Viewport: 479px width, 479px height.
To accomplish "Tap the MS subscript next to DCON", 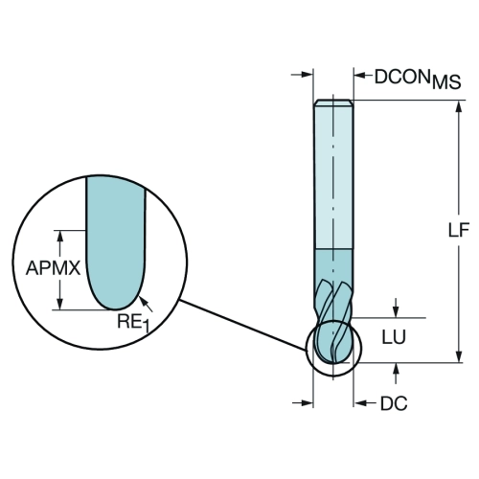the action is click(446, 82).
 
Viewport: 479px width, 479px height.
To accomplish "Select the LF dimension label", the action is click(459, 230).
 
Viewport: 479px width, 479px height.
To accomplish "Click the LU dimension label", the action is click(394, 336).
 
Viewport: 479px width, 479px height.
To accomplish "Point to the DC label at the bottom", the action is click(394, 403).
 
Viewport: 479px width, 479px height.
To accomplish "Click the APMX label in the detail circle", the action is click(53, 267).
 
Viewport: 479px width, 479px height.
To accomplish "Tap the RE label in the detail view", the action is click(128, 321).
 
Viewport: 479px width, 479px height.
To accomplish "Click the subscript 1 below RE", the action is click(146, 328).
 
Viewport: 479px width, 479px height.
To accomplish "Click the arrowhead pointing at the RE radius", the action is click(143, 300).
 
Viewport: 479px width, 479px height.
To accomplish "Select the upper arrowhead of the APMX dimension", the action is click(59, 237).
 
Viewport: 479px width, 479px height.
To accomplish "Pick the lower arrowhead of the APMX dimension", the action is click(59, 304).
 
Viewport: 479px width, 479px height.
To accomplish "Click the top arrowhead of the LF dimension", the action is click(459, 106).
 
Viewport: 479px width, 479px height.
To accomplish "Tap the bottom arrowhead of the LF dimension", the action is click(459, 356).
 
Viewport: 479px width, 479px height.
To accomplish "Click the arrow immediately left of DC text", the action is click(365, 403).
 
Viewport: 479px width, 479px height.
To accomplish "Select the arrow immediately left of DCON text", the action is click(363, 76).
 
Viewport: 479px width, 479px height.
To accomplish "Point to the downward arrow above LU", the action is click(396, 308).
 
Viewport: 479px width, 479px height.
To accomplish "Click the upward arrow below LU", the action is click(396, 373).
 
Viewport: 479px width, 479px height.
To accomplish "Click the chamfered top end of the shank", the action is click(333, 103).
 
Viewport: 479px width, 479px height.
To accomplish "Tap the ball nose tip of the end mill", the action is click(333, 362).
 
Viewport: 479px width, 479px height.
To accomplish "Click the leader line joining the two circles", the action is click(243, 326).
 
